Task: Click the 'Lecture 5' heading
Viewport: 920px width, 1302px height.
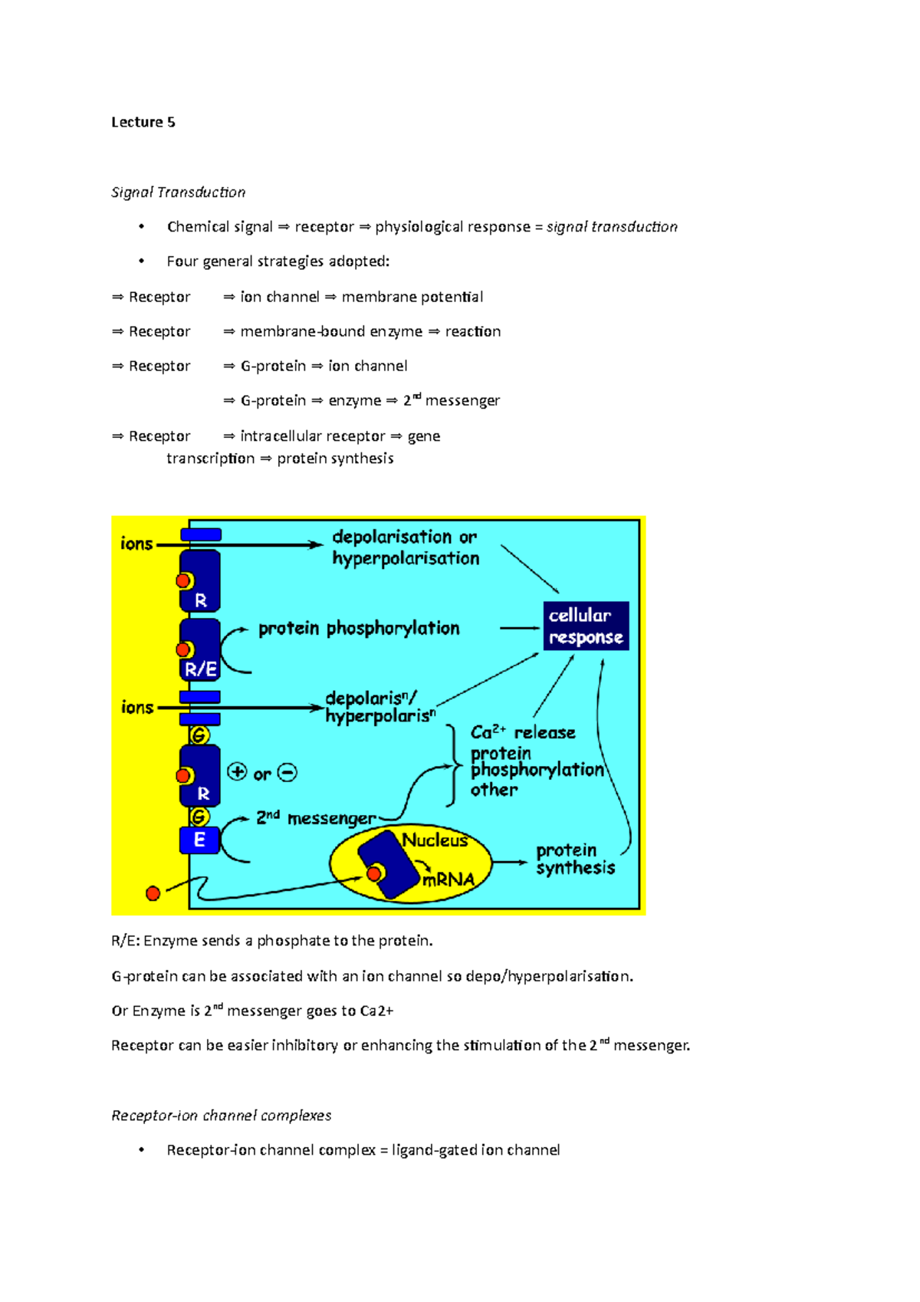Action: coord(143,122)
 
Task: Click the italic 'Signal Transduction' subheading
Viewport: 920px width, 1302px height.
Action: coord(178,192)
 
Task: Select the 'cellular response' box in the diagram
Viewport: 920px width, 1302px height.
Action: coord(586,626)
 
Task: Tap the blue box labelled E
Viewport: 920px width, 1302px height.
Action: coord(199,840)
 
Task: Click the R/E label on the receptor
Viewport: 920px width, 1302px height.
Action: coord(200,669)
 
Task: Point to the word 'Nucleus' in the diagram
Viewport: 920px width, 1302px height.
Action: coord(435,840)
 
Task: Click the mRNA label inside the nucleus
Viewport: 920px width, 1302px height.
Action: coord(449,880)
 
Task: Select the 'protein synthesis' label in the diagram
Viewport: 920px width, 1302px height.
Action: coord(575,859)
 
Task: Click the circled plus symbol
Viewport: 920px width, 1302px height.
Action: coord(238,772)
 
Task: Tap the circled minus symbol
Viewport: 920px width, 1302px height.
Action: coord(287,772)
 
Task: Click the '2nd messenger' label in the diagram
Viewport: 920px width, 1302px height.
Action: coord(316,818)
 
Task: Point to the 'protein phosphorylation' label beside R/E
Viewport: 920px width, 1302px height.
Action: coord(359,628)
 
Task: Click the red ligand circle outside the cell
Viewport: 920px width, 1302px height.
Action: coord(153,893)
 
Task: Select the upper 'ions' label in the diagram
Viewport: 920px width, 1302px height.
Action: coord(136,544)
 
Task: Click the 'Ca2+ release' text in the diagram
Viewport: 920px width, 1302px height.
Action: coord(523,732)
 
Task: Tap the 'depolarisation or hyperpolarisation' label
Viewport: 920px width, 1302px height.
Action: coord(405,547)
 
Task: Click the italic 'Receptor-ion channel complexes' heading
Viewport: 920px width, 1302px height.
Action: coord(221,1115)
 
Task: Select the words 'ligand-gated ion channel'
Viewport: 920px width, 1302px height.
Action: coord(475,1149)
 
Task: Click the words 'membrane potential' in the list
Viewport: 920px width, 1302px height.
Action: coord(412,297)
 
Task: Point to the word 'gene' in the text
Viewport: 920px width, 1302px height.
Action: coord(423,436)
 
